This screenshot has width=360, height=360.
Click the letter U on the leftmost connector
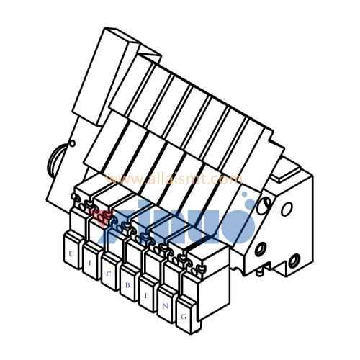[x=71, y=254]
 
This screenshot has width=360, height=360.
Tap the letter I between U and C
[x=89, y=264]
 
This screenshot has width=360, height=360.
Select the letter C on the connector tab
[x=109, y=274]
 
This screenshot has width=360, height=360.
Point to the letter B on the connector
[x=127, y=285]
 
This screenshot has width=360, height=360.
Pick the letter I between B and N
[x=145, y=294]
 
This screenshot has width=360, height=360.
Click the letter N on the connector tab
[x=165, y=305]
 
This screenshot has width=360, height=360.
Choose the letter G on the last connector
[x=184, y=316]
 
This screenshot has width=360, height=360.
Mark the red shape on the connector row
[x=102, y=215]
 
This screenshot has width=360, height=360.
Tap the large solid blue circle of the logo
[x=233, y=224]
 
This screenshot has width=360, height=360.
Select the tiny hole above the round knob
[x=71, y=143]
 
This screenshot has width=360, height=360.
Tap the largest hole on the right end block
[x=286, y=209]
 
